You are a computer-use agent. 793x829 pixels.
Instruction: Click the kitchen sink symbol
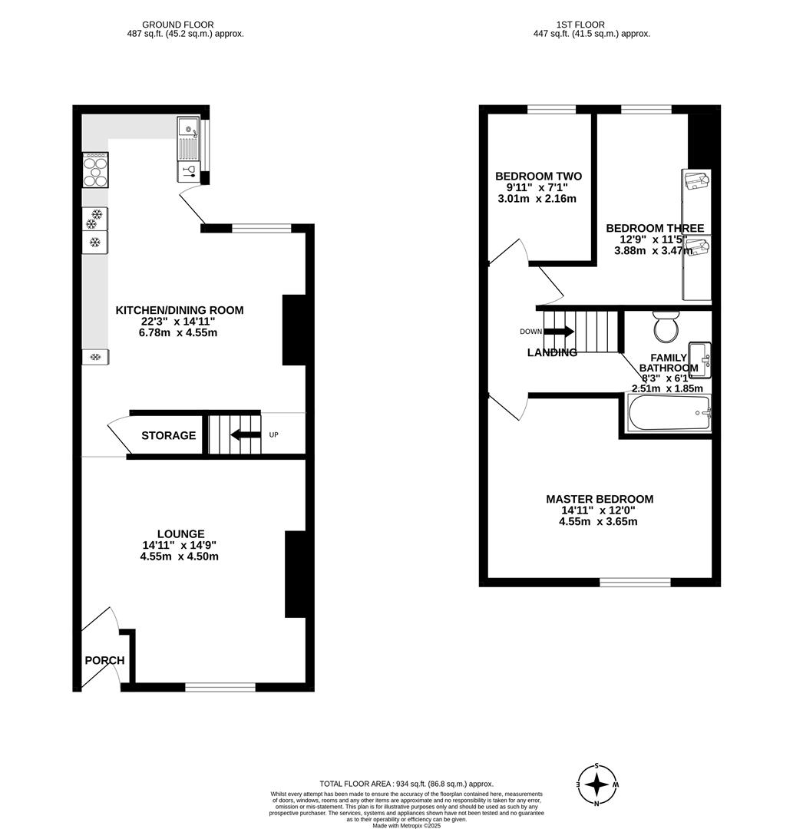click(x=188, y=138)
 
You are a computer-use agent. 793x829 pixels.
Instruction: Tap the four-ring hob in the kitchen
click(x=95, y=170)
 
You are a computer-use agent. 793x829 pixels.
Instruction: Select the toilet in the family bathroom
click(x=666, y=327)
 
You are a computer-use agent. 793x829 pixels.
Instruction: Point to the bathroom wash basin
click(x=700, y=360)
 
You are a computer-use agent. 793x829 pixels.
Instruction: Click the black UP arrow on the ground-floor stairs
click(x=246, y=435)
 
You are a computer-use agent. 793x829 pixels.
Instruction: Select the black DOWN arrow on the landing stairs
click(x=558, y=332)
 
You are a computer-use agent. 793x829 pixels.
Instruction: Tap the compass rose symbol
click(x=597, y=784)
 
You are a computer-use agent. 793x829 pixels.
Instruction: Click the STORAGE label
click(x=168, y=436)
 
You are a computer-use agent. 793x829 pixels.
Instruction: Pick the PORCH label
click(x=104, y=660)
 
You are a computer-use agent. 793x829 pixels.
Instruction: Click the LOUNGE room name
click(x=180, y=534)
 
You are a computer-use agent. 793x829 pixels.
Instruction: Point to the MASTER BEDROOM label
click(x=600, y=499)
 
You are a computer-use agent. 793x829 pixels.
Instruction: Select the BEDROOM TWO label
click(x=538, y=177)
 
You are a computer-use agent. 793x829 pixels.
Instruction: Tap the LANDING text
click(x=552, y=353)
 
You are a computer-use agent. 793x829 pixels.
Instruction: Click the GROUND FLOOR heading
click(x=178, y=25)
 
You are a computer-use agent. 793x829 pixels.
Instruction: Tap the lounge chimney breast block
click(x=296, y=574)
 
